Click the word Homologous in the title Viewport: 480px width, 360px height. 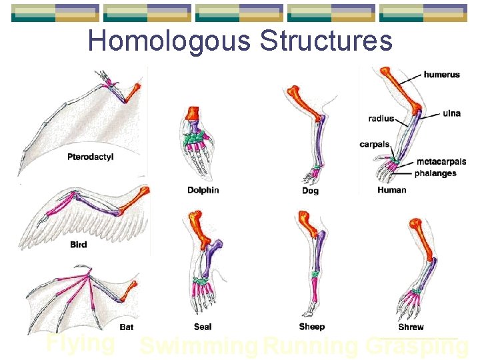[x=169, y=41]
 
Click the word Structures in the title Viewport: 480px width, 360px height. [x=326, y=41]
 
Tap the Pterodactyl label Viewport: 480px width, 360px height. [x=91, y=157]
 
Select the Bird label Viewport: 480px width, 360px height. [x=78, y=245]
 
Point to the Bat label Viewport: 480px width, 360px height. [x=127, y=327]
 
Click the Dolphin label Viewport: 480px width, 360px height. [x=203, y=190]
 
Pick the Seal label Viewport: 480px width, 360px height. [x=203, y=327]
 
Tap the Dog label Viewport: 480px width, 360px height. [x=310, y=191]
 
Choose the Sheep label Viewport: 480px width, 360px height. [x=312, y=327]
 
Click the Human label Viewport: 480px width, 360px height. [x=391, y=190]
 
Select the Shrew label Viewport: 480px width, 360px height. [x=411, y=327]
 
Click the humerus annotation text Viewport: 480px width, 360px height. [x=441, y=75]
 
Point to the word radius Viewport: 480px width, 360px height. [x=381, y=119]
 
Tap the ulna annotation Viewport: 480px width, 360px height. [x=451, y=113]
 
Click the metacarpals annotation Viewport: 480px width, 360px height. [x=441, y=162]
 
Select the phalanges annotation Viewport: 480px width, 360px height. [x=435, y=173]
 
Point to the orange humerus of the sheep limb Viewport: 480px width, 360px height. [x=308, y=223]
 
